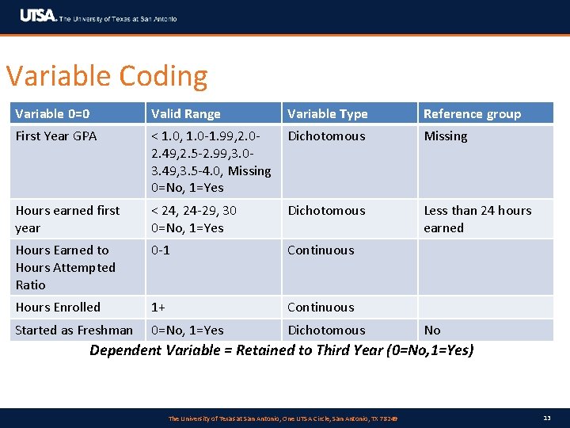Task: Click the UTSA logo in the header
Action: [38, 16]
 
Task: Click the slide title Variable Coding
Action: [107, 76]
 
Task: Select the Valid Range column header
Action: [186, 113]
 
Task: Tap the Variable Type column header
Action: [328, 113]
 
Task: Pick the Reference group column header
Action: [472, 113]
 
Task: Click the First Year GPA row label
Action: [56, 136]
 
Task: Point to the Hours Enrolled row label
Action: [58, 307]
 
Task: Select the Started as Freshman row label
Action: [74, 330]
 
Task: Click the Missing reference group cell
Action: [446, 136]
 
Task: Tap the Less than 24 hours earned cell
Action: [477, 219]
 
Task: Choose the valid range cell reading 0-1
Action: [161, 250]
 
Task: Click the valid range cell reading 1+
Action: [159, 307]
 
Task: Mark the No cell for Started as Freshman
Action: [432, 330]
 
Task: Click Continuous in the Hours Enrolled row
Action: [321, 307]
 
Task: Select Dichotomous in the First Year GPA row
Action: [326, 136]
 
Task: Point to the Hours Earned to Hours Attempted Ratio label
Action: [65, 267]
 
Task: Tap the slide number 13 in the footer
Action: [547, 418]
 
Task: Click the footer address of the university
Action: [283, 418]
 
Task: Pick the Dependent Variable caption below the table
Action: [282, 350]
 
